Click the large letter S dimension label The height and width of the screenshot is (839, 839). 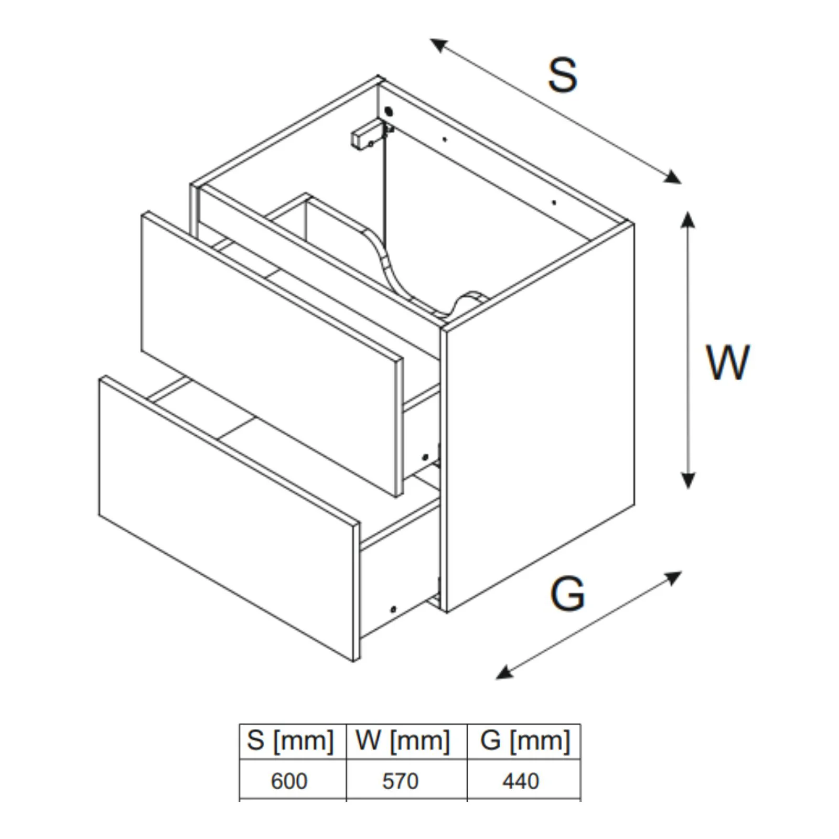pos(562,76)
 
